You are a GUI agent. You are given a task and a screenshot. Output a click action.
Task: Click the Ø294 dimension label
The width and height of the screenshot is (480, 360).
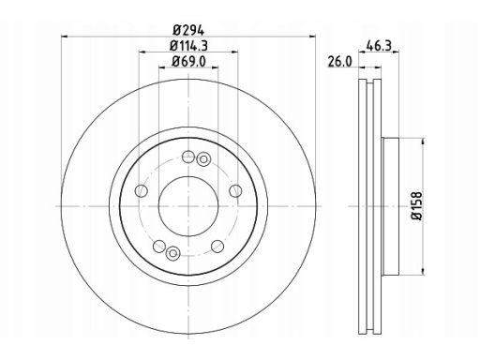pyautogui.click(x=188, y=31)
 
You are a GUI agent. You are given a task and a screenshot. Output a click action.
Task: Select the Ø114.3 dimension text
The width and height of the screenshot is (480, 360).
pyautogui.click(x=188, y=46)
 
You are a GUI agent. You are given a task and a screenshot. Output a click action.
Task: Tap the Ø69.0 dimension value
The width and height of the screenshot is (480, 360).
pyautogui.click(x=188, y=62)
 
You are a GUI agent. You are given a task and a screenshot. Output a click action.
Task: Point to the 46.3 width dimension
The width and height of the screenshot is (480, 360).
pyautogui.click(x=379, y=46)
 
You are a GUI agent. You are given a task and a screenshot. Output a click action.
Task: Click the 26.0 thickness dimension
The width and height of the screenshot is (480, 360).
pyautogui.click(x=339, y=62)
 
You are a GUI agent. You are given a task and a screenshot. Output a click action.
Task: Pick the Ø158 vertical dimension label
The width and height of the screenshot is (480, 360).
pyautogui.click(x=417, y=206)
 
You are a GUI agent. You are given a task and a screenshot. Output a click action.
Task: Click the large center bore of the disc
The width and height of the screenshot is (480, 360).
pyautogui.click(x=188, y=206)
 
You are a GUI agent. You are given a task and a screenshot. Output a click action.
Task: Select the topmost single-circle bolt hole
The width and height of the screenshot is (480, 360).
pyautogui.click(x=188, y=157)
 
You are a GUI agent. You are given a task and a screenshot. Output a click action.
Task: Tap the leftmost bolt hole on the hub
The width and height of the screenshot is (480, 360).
pyautogui.click(x=141, y=190)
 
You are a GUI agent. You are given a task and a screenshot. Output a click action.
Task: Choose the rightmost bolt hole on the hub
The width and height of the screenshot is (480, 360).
pyautogui.click(x=235, y=190)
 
